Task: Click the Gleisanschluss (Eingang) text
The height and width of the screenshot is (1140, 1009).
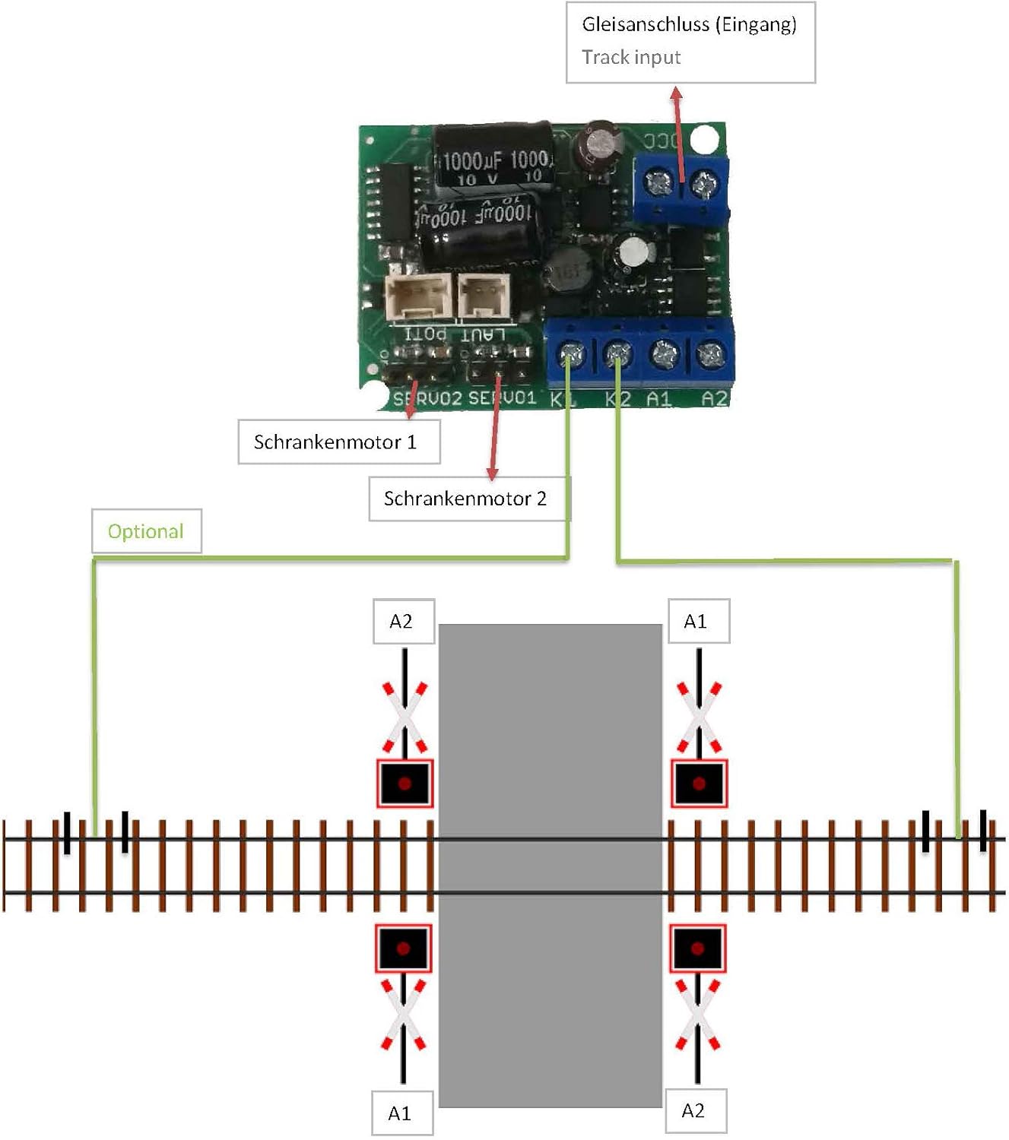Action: [689, 24]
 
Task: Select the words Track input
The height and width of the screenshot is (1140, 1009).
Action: [631, 58]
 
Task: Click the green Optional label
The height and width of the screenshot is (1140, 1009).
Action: [146, 531]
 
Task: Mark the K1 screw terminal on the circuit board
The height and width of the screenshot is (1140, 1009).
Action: [571, 353]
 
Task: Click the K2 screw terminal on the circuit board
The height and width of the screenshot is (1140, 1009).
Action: [617, 353]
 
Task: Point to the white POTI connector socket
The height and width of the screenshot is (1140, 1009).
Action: [419, 296]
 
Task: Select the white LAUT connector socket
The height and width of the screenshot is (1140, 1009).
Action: [482, 295]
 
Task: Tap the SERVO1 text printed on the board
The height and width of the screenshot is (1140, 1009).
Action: [502, 397]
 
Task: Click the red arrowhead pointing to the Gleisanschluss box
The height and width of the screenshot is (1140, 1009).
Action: [676, 93]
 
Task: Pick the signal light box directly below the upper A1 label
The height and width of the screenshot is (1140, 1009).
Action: [699, 783]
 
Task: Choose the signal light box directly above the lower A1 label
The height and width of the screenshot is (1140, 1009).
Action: [404, 948]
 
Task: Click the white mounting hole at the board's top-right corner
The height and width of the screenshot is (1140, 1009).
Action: [704, 139]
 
